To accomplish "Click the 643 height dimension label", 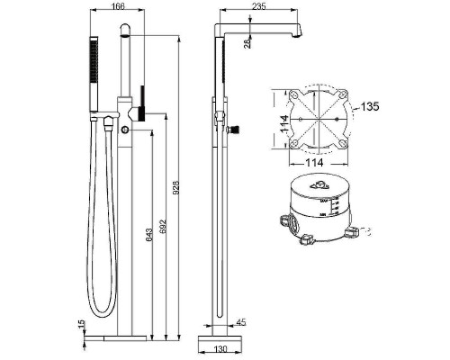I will pos(147,237).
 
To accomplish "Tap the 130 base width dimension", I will pos(218,353).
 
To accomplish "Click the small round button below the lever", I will pos(125,131).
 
